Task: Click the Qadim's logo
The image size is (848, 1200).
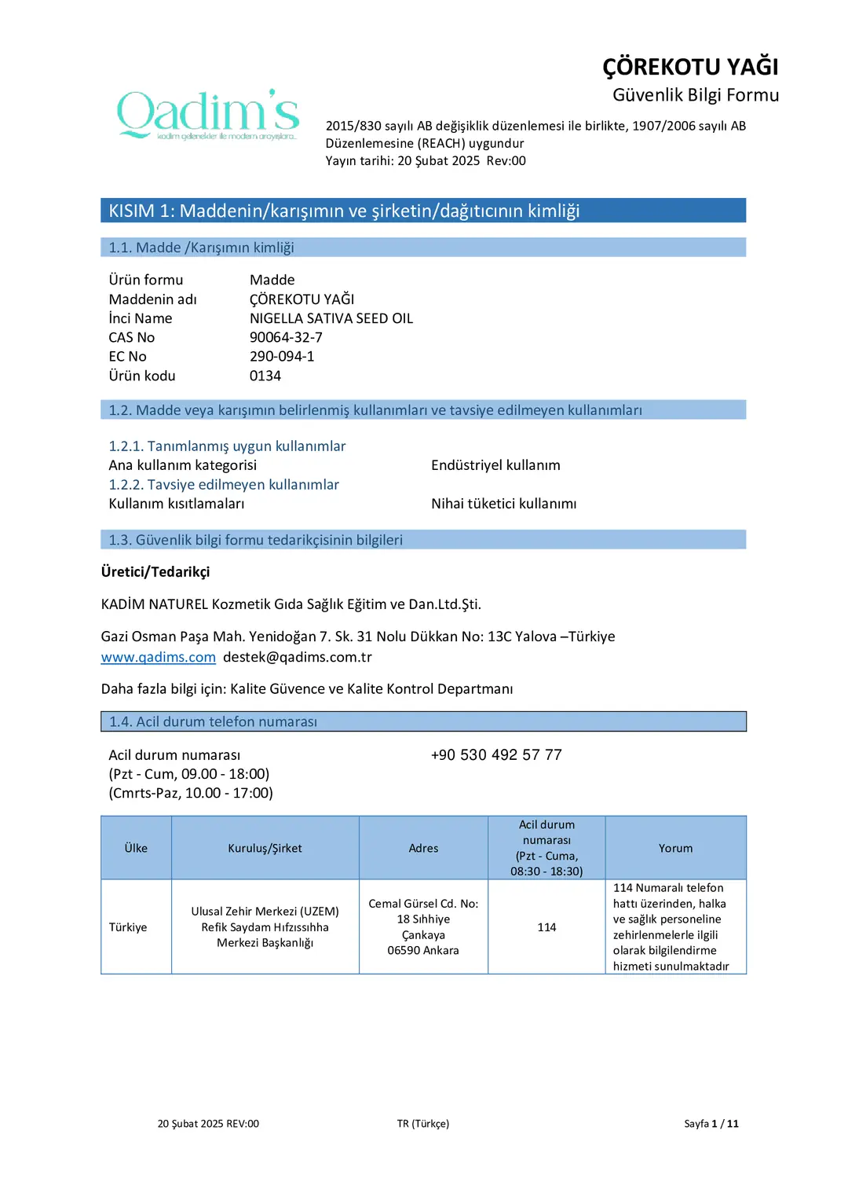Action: pos(208,115)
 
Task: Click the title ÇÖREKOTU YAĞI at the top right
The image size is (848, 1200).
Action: pos(690,67)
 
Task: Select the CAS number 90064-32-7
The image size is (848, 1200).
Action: pos(286,337)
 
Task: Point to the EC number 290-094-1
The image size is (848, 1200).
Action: pos(282,356)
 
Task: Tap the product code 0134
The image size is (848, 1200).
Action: pos(265,376)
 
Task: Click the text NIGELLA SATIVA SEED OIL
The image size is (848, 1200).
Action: pos(331,318)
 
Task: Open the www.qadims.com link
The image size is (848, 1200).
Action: pos(158,657)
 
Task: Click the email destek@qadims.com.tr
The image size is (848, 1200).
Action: pos(297,657)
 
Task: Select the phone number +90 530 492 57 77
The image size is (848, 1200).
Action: pos(496,754)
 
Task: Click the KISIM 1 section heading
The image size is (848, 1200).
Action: pos(344,211)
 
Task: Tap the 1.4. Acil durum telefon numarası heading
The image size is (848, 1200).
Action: pos(213,721)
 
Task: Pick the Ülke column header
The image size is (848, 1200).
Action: pos(136,848)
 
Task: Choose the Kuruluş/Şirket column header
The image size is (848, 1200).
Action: pos(265,848)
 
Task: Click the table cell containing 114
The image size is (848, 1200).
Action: pos(546,927)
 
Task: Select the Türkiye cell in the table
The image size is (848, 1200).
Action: pos(128,927)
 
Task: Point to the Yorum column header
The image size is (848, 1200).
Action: pos(675,848)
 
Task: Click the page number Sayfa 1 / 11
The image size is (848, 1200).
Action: pos(711,1124)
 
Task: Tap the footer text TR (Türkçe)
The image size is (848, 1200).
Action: pos(423,1124)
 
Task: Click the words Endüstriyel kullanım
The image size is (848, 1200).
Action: pos(495,465)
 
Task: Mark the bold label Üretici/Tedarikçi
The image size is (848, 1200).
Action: pos(155,571)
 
